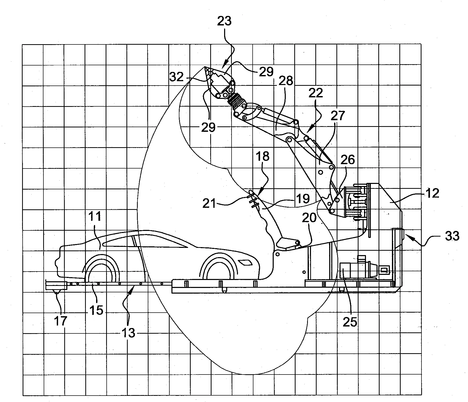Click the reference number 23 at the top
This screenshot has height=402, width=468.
[x=224, y=21]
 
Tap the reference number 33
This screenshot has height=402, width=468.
[x=452, y=236]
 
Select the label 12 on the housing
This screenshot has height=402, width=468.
[x=432, y=193]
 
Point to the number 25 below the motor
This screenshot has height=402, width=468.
[x=350, y=322]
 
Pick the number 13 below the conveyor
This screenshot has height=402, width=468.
[x=129, y=333]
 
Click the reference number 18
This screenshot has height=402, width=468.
[x=262, y=156]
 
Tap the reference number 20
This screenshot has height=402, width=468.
[x=309, y=218]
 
